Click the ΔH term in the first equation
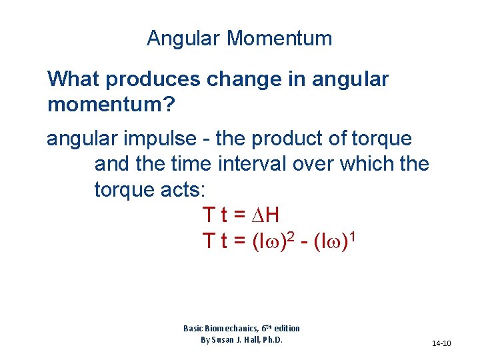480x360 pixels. pyautogui.click(x=266, y=215)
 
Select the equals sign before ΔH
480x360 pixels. pyautogui.click(x=241, y=215)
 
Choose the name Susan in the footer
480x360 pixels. pyautogui.click(x=224, y=339)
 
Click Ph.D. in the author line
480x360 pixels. pyautogui.click(x=271, y=339)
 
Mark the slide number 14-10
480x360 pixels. pyautogui.click(x=441, y=343)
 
